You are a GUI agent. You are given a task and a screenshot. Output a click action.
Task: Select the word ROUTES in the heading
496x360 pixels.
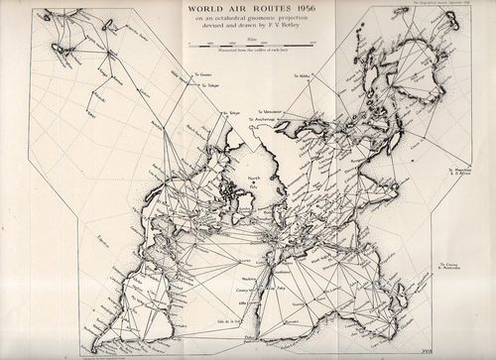pos(263,10)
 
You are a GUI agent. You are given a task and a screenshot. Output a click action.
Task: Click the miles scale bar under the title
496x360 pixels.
pos(248,46)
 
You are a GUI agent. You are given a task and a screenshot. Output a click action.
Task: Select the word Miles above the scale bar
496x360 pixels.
pos(248,39)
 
